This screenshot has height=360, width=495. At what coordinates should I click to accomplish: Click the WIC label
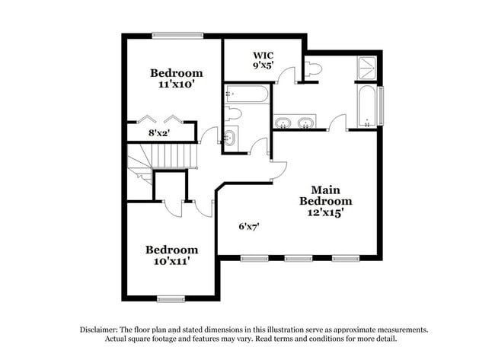[263, 55]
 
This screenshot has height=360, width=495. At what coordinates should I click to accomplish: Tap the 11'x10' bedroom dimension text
[175, 85]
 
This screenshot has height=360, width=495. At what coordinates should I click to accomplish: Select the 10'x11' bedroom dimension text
[171, 261]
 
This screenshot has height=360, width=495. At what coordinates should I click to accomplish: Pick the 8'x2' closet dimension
[158, 132]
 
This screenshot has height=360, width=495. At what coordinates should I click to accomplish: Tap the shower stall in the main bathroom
[367, 68]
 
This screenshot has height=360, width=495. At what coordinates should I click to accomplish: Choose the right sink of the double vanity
[306, 123]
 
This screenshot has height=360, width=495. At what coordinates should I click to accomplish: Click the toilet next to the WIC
[313, 68]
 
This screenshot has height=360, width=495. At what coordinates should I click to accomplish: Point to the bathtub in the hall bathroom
[246, 94]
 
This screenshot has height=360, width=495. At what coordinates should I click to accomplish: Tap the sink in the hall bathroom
[230, 139]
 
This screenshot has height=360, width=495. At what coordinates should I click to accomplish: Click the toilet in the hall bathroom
[234, 114]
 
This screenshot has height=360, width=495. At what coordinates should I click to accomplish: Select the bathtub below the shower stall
[367, 107]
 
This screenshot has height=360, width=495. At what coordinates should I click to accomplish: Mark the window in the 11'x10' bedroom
[177, 34]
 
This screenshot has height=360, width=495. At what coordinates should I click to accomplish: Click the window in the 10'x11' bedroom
[171, 299]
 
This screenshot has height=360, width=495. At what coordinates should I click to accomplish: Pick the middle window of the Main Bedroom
[299, 259]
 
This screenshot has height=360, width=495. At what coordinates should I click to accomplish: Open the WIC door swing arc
[286, 74]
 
